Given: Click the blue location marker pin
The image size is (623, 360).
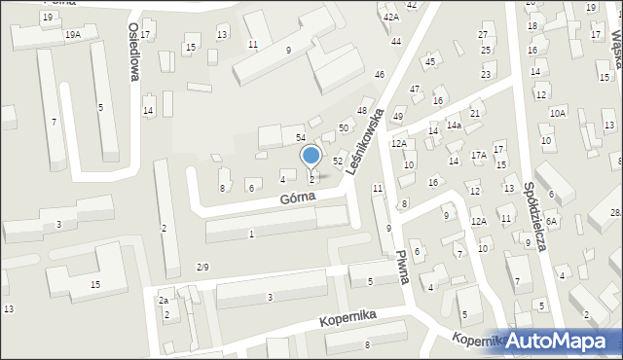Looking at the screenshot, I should tap(311, 156).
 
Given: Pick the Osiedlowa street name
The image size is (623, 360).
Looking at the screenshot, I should tap(135, 59).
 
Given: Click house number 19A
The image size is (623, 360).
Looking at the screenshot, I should tap(73, 34).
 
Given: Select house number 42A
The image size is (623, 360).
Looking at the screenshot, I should tap(391, 18).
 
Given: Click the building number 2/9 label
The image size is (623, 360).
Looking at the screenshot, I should tap(202, 267).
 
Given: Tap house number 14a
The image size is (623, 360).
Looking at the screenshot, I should tap(454, 126).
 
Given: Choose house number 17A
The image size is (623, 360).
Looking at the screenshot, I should tap(478, 156).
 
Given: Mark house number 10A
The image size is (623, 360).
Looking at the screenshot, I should tap(557, 113).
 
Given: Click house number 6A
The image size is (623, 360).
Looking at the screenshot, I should tap(551, 222).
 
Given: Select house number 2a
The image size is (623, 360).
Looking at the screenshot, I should tap(164, 302).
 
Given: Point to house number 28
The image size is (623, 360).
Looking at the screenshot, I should tap(615, 213).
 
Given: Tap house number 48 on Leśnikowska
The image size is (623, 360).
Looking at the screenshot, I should tap(361, 111).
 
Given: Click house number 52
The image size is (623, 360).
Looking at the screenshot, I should tap(337, 161).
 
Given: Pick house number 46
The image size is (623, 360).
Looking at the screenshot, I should tap(380, 75).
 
